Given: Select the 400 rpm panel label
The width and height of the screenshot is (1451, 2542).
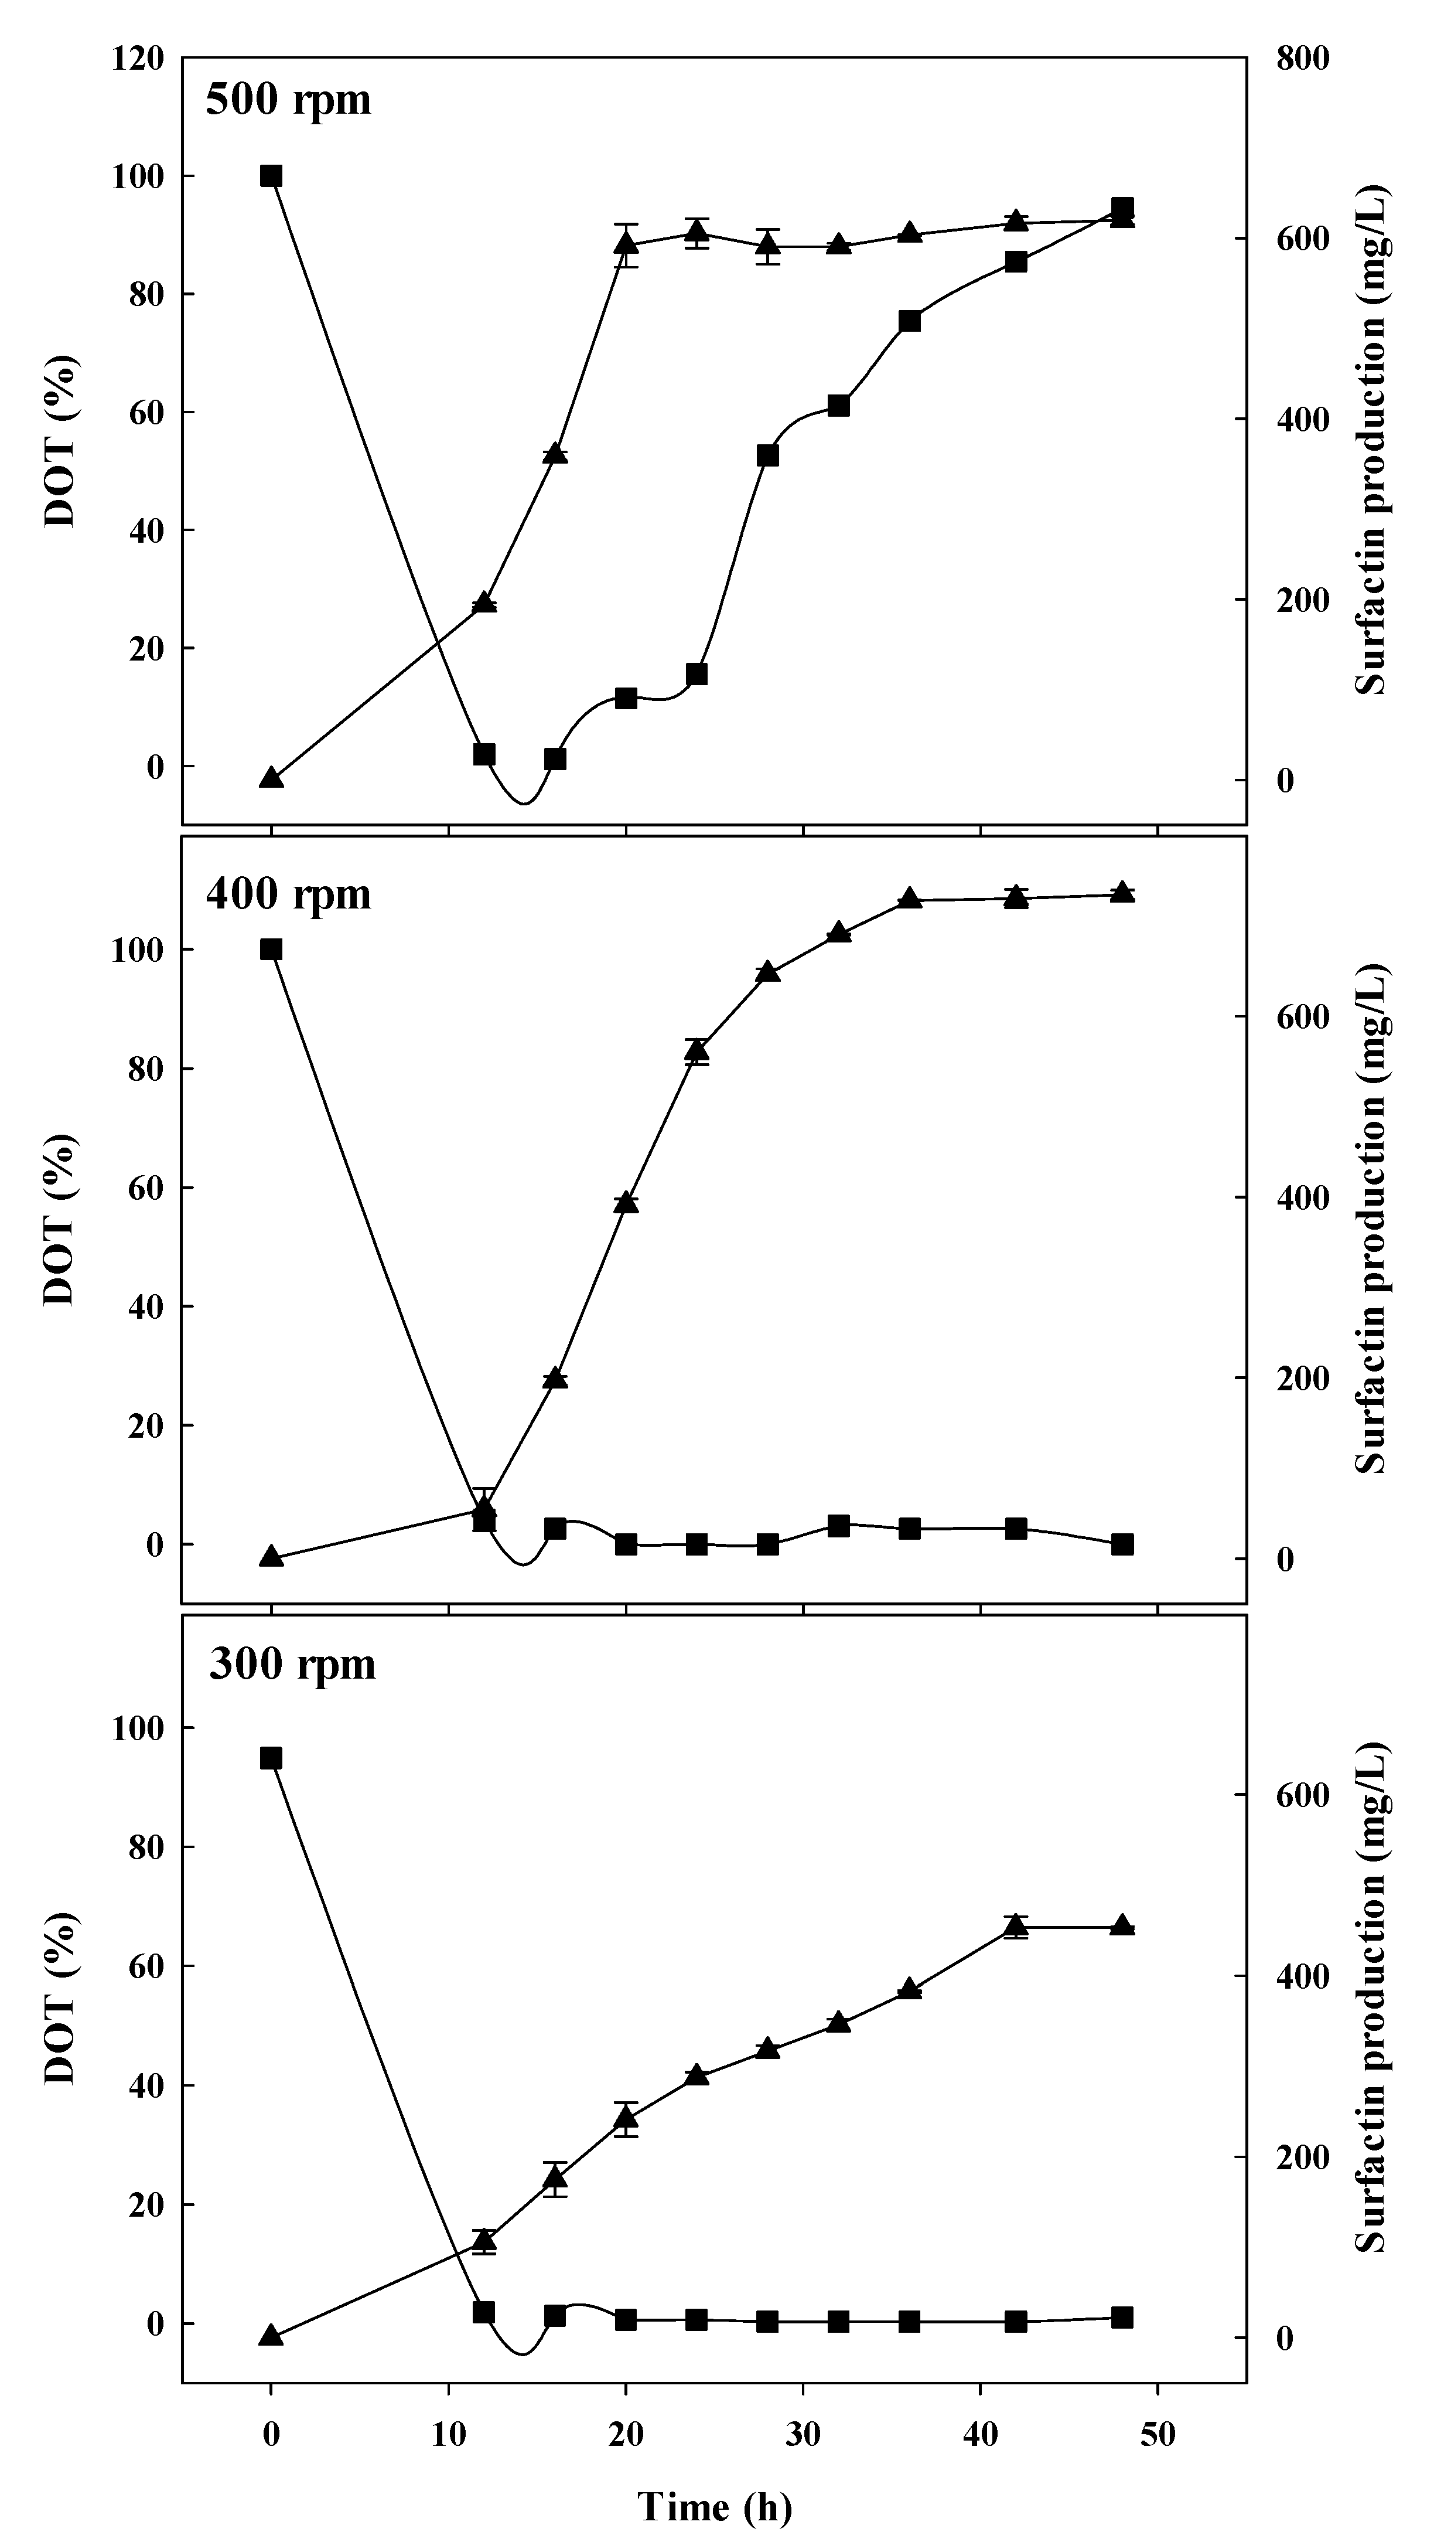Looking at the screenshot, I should [288, 894].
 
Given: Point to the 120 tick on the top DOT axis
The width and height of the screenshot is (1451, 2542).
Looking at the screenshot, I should [138, 59].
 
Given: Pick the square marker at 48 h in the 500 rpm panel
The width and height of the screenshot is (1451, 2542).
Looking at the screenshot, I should [1122, 208].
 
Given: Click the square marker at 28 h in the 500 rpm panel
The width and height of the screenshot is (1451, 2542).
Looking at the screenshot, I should [767, 455].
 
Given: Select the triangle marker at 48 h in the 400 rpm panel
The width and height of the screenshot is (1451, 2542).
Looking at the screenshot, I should [1122, 892].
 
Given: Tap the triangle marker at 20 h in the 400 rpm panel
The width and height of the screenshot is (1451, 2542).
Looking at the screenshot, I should [626, 1202].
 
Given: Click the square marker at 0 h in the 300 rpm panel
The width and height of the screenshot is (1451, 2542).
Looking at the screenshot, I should [271, 1757].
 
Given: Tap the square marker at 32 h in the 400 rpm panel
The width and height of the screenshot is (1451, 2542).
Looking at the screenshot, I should [839, 1526].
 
